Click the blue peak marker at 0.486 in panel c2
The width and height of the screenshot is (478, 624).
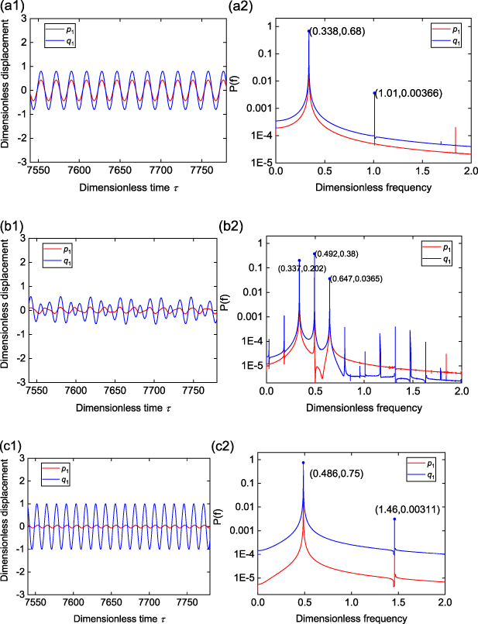click(303, 463)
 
